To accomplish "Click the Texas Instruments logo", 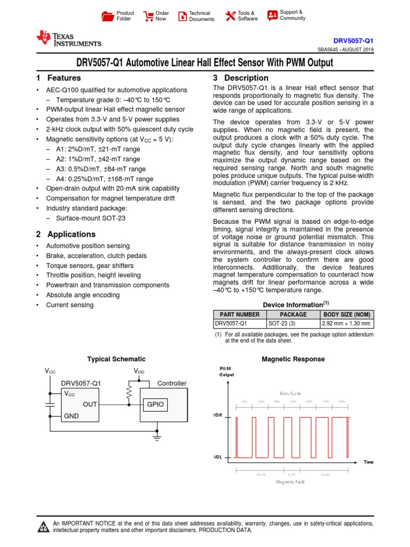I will click(68, 38).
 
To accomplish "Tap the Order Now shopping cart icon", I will click(147, 16).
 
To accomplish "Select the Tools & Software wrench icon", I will click(231, 16).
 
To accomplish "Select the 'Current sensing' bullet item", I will click(69, 305).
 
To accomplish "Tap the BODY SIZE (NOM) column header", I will click(347, 315).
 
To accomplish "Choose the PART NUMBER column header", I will click(240, 315).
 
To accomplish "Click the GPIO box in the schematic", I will click(155, 405).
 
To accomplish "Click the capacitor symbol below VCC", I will click(50, 405).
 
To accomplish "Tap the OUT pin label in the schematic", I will click(90, 405).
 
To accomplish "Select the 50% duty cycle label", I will click(293, 401).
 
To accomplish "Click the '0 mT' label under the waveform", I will click(292, 474).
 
